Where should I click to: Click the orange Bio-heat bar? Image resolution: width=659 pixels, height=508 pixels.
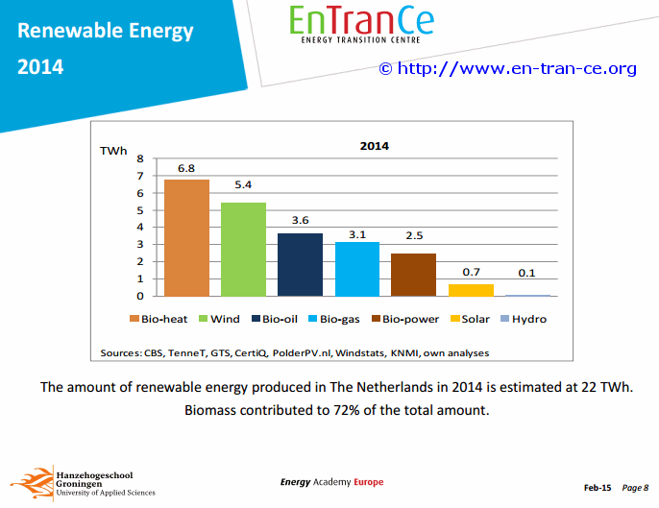tap(186, 238)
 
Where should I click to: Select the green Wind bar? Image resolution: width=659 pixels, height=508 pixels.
tap(243, 250)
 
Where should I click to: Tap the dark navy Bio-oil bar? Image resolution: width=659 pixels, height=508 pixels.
tap(300, 265)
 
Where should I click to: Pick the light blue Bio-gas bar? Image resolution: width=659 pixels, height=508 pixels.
tap(357, 269)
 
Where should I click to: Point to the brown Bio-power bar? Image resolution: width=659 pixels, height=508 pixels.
tap(413, 275)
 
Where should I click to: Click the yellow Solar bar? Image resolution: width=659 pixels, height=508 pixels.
tap(471, 290)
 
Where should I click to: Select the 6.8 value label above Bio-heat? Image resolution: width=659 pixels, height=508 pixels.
tap(186, 168)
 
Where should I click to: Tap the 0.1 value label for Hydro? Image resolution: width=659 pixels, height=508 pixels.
tap(526, 273)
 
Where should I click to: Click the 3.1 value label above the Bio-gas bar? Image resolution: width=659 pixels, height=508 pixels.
tap(357, 234)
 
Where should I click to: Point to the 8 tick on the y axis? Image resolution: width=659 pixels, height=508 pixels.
tap(140, 158)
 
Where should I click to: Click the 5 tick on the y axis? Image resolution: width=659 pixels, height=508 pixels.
tap(140, 210)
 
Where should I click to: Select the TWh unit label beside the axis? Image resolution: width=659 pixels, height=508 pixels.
tap(113, 151)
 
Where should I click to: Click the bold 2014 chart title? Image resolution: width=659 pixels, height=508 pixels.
tap(375, 146)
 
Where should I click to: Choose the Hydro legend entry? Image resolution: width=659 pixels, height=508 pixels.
tap(524, 319)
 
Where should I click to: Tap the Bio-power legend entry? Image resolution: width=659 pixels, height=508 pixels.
tap(405, 319)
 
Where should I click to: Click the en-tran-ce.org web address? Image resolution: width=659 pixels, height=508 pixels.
tap(517, 68)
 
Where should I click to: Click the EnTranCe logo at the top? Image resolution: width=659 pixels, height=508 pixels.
tap(361, 24)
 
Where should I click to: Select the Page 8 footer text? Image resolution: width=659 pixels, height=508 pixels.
tap(635, 488)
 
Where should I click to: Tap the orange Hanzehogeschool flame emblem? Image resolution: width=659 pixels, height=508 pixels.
tap(33, 483)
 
